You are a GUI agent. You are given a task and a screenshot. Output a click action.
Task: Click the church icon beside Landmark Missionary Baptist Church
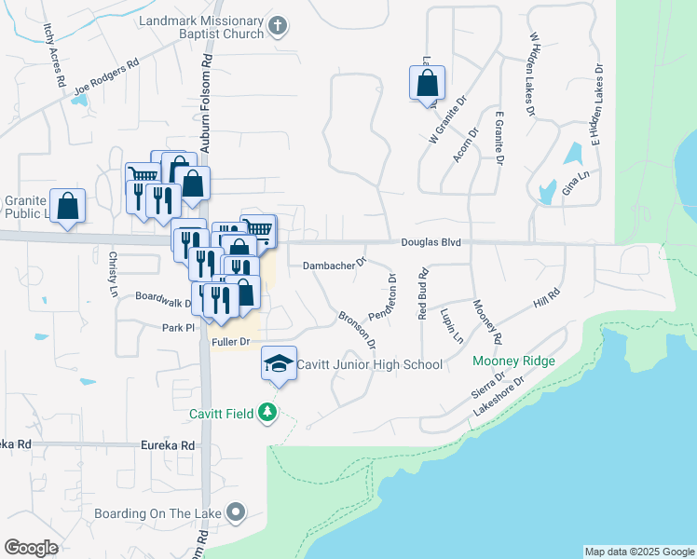click(278, 27)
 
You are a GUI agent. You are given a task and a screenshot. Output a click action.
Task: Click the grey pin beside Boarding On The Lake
click(236, 512)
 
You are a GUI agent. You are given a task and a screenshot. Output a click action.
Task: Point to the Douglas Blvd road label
click(431, 242)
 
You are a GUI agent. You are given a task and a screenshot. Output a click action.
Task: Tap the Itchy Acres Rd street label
click(52, 56)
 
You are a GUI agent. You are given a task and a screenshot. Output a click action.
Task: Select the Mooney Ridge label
click(513, 361)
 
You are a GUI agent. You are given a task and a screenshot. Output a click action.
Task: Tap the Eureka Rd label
click(166, 445)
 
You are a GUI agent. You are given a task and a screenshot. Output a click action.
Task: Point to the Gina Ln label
click(578, 183)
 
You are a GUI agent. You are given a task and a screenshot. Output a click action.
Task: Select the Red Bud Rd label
click(422, 292)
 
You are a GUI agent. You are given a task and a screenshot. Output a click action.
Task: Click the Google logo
click(31, 548)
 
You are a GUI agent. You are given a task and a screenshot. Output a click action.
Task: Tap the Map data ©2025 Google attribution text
click(639, 552)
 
